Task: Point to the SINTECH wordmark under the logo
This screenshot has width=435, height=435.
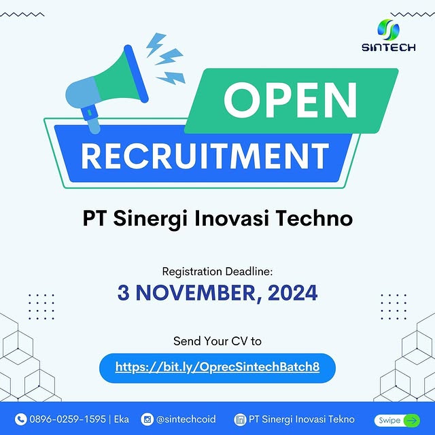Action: (x=389, y=48)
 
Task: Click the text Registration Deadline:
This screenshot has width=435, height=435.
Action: (x=217, y=271)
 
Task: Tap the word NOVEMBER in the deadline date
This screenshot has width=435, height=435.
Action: (x=200, y=293)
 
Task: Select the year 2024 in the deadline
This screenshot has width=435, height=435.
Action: (x=292, y=293)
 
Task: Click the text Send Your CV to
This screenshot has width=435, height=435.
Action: (x=217, y=341)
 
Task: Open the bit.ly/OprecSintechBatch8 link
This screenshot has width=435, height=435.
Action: (x=217, y=368)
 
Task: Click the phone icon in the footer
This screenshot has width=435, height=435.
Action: (x=20, y=419)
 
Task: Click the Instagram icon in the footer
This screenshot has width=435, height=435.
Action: (x=147, y=419)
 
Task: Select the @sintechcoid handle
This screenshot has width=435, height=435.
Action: (x=186, y=419)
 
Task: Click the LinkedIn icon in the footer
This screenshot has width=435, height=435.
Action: (x=239, y=419)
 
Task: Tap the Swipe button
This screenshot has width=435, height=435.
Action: (x=398, y=420)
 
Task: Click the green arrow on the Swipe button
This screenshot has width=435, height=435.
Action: (x=411, y=420)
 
